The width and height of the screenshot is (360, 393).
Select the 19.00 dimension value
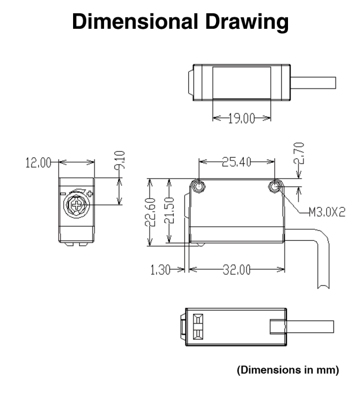pos(242,118)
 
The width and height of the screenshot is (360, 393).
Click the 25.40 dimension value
pos(236,162)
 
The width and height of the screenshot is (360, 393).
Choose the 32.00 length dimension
pos(237,269)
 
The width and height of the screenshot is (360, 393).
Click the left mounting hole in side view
pos(198,187)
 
